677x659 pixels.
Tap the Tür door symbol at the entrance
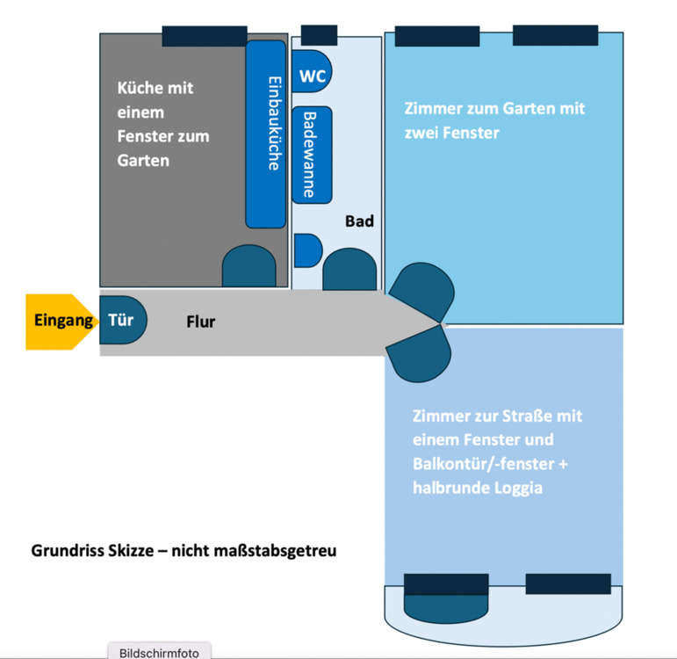coord(122,320)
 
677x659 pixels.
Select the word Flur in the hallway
coord(200,322)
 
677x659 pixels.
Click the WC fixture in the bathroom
coord(313,76)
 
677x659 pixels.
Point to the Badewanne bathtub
coord(312,155)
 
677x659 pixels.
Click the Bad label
coord(359,221)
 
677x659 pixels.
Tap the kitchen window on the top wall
coord(204,36)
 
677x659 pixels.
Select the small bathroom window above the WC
coord(319,35)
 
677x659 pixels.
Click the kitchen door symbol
coord(248,267)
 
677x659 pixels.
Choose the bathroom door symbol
coord(349,271)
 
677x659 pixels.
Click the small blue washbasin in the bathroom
coord(306,250)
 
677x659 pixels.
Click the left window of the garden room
coord(436,37)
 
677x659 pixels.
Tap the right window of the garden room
coord(555,36)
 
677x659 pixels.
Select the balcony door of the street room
coord(445,597)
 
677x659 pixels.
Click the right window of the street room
coord(567,583)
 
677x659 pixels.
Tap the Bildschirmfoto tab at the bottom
coord(159,652)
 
